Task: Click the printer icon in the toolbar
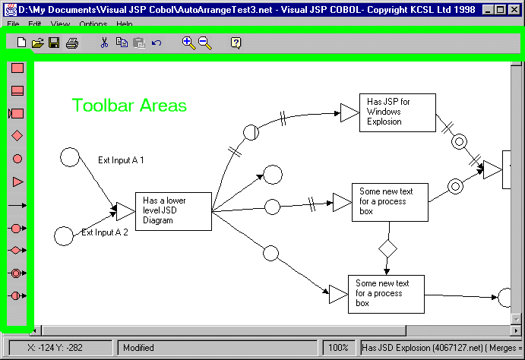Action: pyautogui.click(x=71, y=43)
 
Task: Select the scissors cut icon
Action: pyautogui.click(x=104, y=43)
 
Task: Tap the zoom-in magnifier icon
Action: pyautogui.click(x=188, y=43)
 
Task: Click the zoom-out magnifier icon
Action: pyautogui.click(x=205, y=43)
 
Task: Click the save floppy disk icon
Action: pyautogui.click(x=54, y=43)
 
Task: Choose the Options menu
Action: pyautogui.click(x=93, y=25)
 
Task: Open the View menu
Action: pyautogui.click(x=60, y=25)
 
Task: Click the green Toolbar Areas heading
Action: pyautogui.click(x=129, y=106)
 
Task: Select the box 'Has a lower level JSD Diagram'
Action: pyautogui.click(x=173, y=210)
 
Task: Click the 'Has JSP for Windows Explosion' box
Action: pyautogui.click(x=397, y=112)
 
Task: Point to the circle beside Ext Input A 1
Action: pyautogui.click(x=70, y=157)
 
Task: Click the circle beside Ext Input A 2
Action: pyautogui.click(x=64, y=236)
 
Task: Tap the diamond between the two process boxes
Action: pyautogui.click(x=388, y=248)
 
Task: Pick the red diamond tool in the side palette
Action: pyautogui.click(x=17, y=136)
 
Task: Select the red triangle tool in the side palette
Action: pyautogui.click(x=17, y=182)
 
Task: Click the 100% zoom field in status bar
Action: pyautogui.click(x=338, y=348)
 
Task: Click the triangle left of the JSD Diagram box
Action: pyautogui.click(x=125, y=210)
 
